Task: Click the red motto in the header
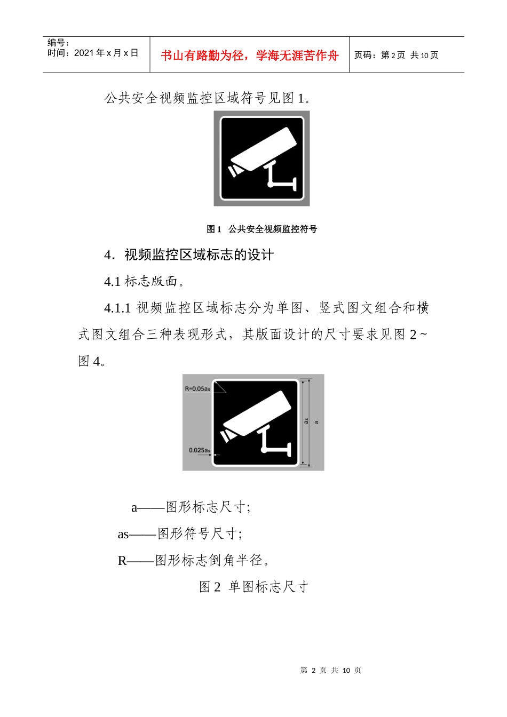[x=249, y=55]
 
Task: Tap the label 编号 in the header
[x=58, y=43]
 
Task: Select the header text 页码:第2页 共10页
[x=396, y=55]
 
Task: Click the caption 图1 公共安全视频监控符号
[x=262, y=229]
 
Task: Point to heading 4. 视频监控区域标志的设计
[x=189, y=255]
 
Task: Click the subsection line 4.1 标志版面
[x=144, y=281]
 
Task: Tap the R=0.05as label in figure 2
[x=197, y=389]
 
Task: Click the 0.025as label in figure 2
[x=199, y=450]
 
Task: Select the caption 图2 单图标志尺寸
[x=253, y=587]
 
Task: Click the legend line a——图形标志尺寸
[x=191, y=507]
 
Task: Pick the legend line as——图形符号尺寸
[x=180, y=533]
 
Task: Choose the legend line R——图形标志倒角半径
[x=193, y=560]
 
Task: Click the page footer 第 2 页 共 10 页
[x=331, y=670]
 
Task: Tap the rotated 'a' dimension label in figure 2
[x=316, y=423]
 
